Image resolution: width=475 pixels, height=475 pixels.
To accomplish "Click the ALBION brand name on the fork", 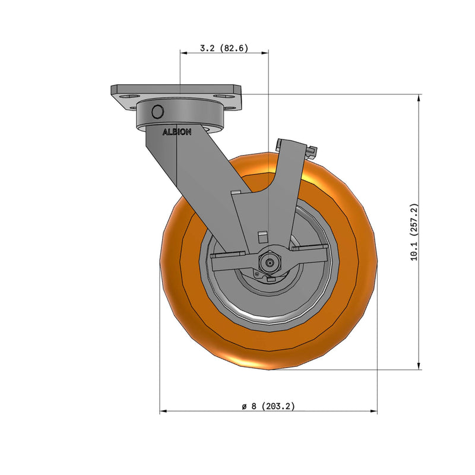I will (x=177, y=132).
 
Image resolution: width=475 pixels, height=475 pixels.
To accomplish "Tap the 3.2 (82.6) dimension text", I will (x=223, y=48).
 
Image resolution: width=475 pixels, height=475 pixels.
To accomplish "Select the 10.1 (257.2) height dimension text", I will (x=414, y=232).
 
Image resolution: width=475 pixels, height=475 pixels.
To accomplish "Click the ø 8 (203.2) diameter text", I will (x=268, y=406).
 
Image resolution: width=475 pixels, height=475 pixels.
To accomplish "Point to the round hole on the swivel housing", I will (x=157, y=112).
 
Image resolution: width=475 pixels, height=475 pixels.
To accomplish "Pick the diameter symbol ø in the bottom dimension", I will (x=244, y=406).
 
